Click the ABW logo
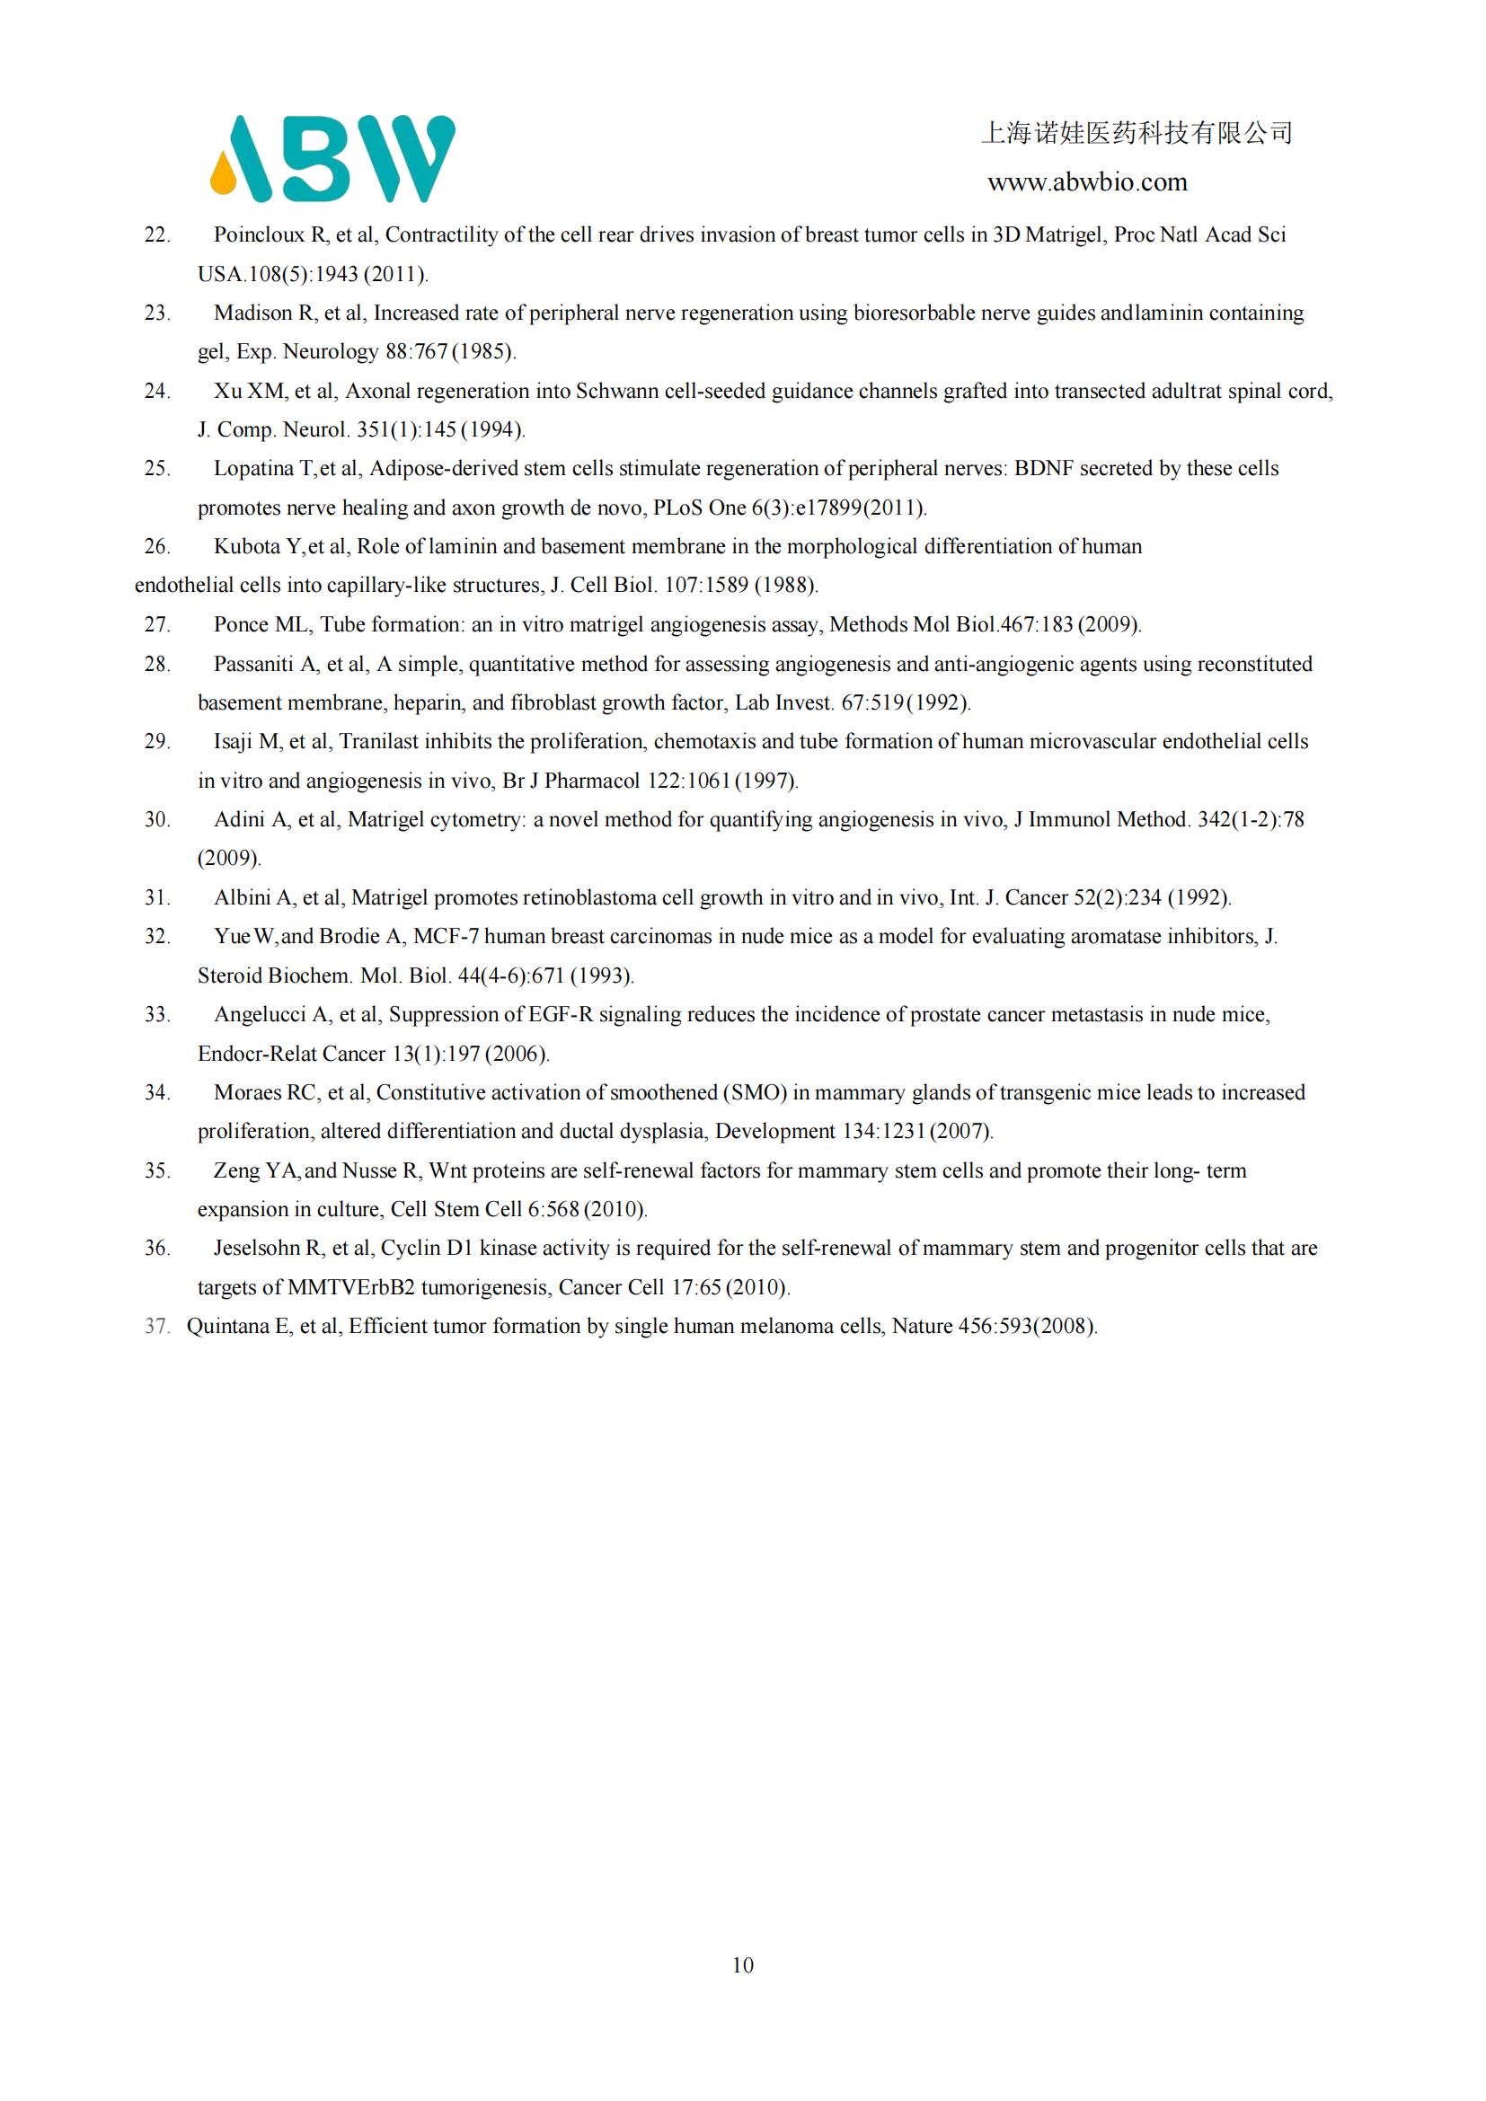(332, 158)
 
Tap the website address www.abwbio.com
(1087, 182)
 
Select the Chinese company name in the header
(1137, 134)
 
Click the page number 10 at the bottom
(743, 1964)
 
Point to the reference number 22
(156, 235)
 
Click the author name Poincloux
(259, 235)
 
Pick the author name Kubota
(247, 547)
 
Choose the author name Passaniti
(254, 665)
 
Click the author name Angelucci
(259, 1015)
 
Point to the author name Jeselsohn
(258, 1249)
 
